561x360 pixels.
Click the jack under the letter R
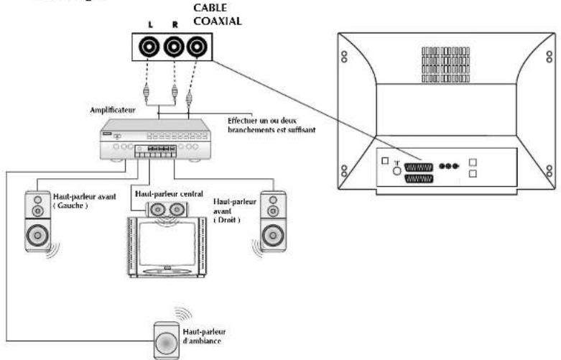tap(172, 48)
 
